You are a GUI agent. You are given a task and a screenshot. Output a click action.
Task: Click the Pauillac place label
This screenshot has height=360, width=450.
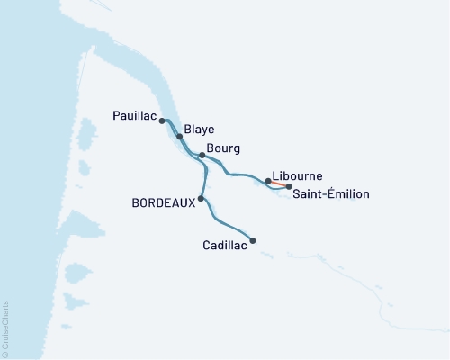pos(135,116)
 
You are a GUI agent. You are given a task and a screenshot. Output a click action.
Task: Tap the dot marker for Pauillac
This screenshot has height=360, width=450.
pos(162,120)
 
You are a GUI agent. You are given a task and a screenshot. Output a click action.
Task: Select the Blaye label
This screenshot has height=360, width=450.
pos(198,130)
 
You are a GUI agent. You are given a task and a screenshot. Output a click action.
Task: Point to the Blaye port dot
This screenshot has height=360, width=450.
pos(179,137)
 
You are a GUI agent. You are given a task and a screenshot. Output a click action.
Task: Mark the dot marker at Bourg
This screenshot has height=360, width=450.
pos(202,156)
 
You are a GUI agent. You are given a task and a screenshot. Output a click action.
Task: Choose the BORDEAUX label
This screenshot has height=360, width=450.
pos(164,204)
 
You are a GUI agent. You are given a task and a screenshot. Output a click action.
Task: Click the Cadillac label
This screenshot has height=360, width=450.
pos(225,243)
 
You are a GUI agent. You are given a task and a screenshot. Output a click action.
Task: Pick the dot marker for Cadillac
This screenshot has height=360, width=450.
pos(253,240)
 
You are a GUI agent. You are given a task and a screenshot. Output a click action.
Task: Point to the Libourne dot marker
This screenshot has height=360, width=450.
pos(268,181)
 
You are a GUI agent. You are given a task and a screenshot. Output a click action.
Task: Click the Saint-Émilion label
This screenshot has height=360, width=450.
pos(329,193)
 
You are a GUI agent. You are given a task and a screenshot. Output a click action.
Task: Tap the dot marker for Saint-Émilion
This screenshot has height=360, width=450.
pos(289,186)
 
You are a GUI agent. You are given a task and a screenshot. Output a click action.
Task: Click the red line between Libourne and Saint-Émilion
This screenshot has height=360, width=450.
pos(279,184)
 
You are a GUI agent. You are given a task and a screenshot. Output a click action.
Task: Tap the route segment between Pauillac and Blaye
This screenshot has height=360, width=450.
pos(170,127)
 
